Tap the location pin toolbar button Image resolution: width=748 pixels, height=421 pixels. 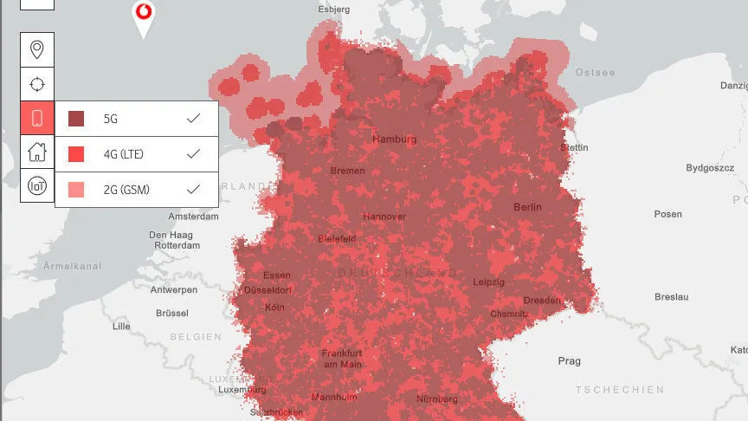click(37, 49)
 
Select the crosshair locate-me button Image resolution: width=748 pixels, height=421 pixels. click(37, 84)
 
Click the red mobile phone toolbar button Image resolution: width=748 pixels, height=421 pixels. click(37, 118)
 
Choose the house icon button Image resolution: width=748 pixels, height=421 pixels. click(37, 152)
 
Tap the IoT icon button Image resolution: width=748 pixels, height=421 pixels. click(37, 185)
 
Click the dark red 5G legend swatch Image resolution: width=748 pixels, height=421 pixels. click(76, 119)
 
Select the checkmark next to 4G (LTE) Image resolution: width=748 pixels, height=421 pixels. click(194, 153)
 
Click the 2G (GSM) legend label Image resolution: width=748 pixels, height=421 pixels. click(126, 189)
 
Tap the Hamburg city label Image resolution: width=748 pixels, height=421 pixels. click(394, 139)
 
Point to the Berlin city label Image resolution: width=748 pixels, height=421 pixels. click(527, 207)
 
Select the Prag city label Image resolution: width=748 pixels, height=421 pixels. click(569, 360)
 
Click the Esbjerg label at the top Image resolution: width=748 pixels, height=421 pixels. click(334, 10)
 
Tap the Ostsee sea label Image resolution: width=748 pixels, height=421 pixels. click(596, 73)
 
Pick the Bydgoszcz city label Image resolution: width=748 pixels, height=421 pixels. click(709, 167)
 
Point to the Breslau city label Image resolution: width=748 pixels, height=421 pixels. click(672, 297)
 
